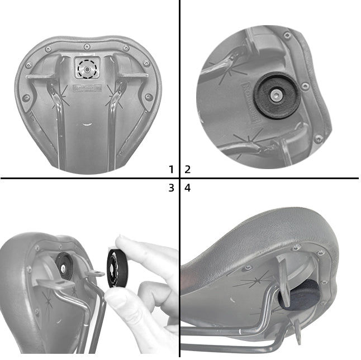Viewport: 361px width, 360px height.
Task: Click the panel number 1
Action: coord(172,169)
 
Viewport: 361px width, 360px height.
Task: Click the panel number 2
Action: coord(188,169)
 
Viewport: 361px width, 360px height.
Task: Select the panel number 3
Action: coord(172,188)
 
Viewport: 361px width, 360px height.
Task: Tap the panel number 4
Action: coord(188,188)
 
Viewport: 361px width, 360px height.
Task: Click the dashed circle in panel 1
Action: coord(87,69)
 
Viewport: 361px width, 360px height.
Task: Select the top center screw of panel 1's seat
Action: coord(87,46)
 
